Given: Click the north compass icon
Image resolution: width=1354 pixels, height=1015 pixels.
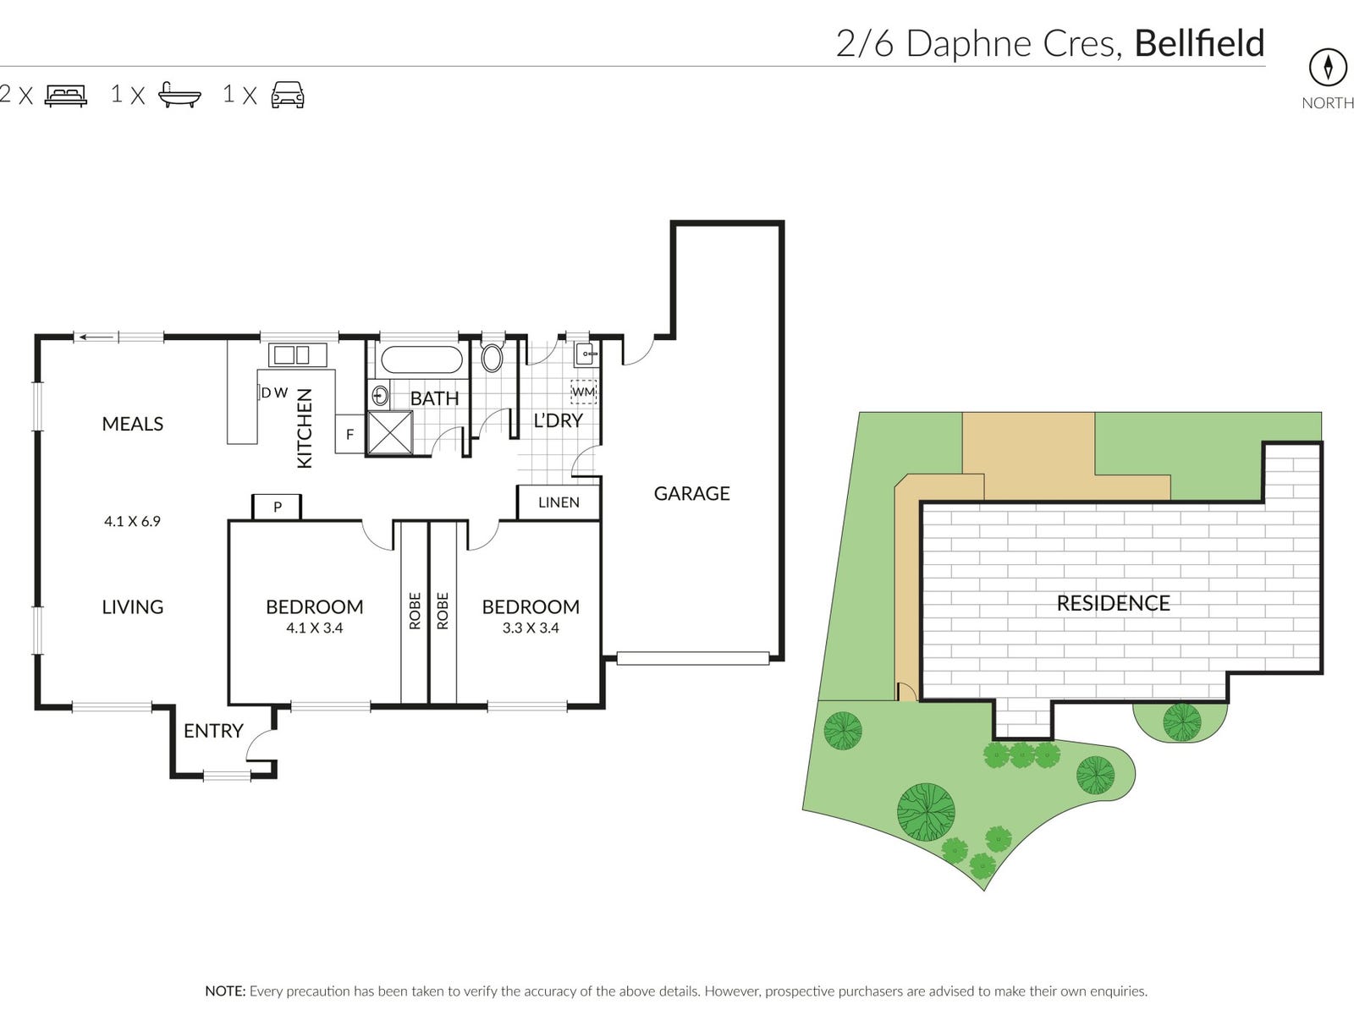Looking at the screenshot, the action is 1327,68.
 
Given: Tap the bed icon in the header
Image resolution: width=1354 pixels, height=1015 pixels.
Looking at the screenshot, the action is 66,96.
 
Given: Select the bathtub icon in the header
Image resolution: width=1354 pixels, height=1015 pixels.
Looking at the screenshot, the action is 179,95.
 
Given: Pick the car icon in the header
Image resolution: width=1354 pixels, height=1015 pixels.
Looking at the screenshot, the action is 288,95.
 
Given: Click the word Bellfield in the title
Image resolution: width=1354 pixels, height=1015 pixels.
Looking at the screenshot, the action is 1200,44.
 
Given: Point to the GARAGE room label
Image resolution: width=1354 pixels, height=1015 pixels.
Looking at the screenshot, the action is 691,493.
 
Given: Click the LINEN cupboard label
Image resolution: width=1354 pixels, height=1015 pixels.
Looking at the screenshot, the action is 559,502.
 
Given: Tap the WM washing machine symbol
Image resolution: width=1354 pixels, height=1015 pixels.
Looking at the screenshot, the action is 584,392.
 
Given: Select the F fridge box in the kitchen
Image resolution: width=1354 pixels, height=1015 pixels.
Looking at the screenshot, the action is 350,435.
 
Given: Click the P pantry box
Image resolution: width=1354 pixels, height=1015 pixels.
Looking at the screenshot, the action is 277,507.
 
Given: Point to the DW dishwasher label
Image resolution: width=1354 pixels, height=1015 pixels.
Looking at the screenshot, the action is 274,392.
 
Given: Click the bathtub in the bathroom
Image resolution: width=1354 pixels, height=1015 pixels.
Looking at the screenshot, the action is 421,359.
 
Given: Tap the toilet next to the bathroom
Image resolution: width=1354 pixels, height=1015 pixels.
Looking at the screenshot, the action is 492,357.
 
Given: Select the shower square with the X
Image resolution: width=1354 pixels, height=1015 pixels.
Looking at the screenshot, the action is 390,433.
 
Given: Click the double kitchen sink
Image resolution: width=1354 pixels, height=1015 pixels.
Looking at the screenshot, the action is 292,355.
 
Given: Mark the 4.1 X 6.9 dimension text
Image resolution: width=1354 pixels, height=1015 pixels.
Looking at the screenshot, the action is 132,521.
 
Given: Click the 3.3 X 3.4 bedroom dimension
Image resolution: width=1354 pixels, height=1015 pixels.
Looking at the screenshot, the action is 531,628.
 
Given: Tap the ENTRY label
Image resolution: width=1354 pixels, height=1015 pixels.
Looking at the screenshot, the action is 212,731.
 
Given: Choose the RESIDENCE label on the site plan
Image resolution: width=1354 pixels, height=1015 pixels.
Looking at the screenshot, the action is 1113,603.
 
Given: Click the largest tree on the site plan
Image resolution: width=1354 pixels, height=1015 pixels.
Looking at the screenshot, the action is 926,812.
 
